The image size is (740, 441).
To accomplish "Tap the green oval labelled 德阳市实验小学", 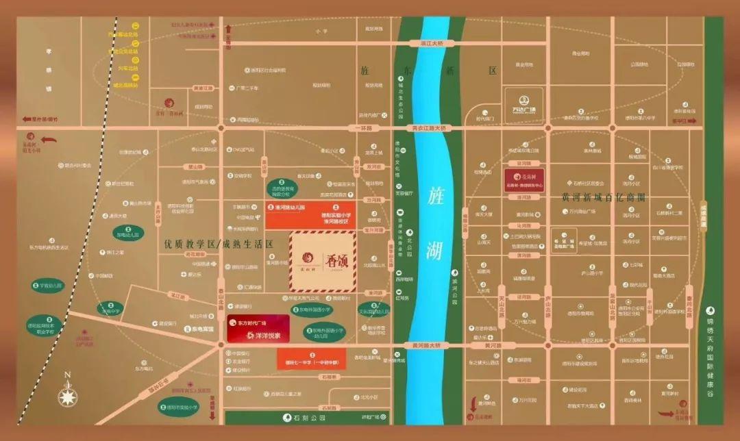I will coord(177,406).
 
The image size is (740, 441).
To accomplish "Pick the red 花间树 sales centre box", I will coord(526,179).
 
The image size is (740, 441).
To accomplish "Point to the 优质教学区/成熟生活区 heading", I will coord(219,244).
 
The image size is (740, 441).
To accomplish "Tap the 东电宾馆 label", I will coord(194,329).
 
